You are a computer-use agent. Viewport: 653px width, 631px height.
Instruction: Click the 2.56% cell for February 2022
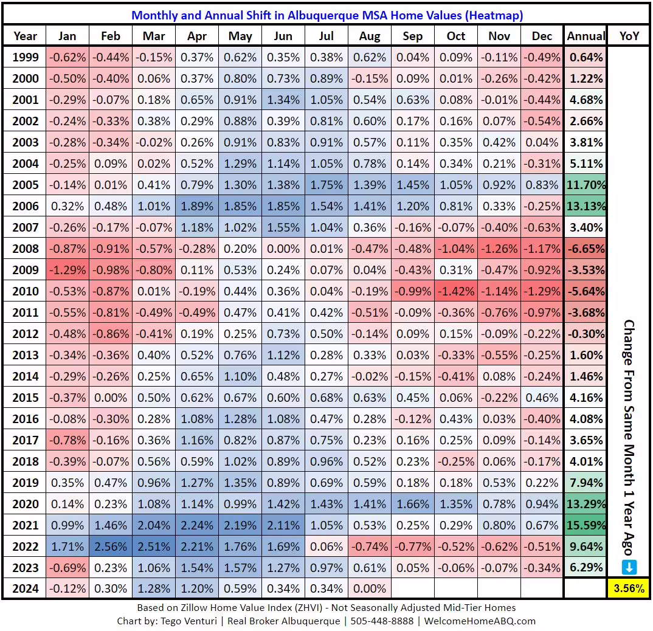coord(110,546)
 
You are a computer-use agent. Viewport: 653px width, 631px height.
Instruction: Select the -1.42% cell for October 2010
coord(456,291)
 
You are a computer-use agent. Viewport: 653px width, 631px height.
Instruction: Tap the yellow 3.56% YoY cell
coord(629,588)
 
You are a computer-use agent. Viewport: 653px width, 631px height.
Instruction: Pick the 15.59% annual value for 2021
coord(586,525)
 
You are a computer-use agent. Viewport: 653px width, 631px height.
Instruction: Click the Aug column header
coord(370,36)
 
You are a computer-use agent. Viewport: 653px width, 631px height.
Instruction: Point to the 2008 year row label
coord(25,248)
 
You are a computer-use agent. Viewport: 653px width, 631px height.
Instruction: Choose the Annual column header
coord(586,36)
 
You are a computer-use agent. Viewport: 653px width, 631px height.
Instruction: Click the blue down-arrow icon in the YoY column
coord(629,567)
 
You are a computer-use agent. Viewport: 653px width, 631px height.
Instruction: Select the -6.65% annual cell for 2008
coord(586,248)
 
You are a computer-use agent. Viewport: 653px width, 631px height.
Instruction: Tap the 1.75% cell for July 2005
coord(326,184)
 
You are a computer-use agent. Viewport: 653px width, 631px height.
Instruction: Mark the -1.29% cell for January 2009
coord(67,269)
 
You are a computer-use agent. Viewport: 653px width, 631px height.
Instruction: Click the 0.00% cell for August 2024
coord(370,588)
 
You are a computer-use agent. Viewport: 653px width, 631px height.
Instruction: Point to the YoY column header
coord(629,36)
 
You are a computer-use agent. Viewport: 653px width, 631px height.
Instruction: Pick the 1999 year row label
coord(25,57)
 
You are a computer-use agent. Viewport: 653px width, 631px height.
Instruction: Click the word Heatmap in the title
coord(493,15)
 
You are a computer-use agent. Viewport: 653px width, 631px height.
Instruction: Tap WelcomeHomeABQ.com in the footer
coord(480,621)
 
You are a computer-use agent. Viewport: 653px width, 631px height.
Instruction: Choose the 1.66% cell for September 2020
coord(412,503)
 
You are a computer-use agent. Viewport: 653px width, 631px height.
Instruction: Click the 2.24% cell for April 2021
coord(196,525)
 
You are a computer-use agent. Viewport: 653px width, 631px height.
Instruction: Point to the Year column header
coord(25,36)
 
